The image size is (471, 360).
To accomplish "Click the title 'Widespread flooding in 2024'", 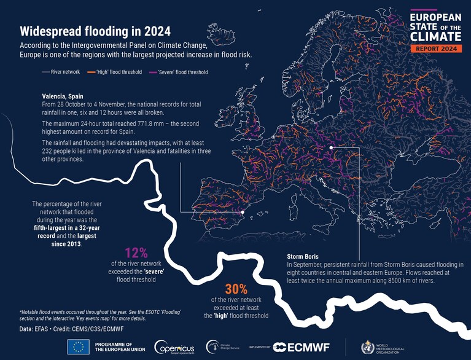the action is tap(95, 31).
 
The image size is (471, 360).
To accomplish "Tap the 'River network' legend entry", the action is tap(61, 72).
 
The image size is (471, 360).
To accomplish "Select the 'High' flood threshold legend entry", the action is tap(114, 72).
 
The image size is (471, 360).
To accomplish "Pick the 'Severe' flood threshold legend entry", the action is tap(179, 72).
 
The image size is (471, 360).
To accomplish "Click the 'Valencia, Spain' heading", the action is tap(63, 96).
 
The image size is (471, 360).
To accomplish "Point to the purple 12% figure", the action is tap(136, 253).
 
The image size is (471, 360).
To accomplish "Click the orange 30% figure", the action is tap(236, 289).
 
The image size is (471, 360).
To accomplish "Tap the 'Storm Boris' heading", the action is tap(303, 257).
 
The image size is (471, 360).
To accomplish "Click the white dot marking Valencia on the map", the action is tap(243, 212).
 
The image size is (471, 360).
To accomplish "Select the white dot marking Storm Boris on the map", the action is tap(331, 147).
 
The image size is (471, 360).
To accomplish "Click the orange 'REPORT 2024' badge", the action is tap(436, 49).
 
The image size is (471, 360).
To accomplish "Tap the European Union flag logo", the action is tap(79, 346).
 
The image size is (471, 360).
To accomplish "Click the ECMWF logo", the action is tap(302, 347).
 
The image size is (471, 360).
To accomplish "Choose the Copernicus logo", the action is tap(174, 347).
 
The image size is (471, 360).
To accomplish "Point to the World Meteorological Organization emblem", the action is tap(368, 347).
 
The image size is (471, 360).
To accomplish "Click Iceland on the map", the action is tap(221, 34).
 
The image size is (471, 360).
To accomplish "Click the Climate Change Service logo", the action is tap(222, 346).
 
